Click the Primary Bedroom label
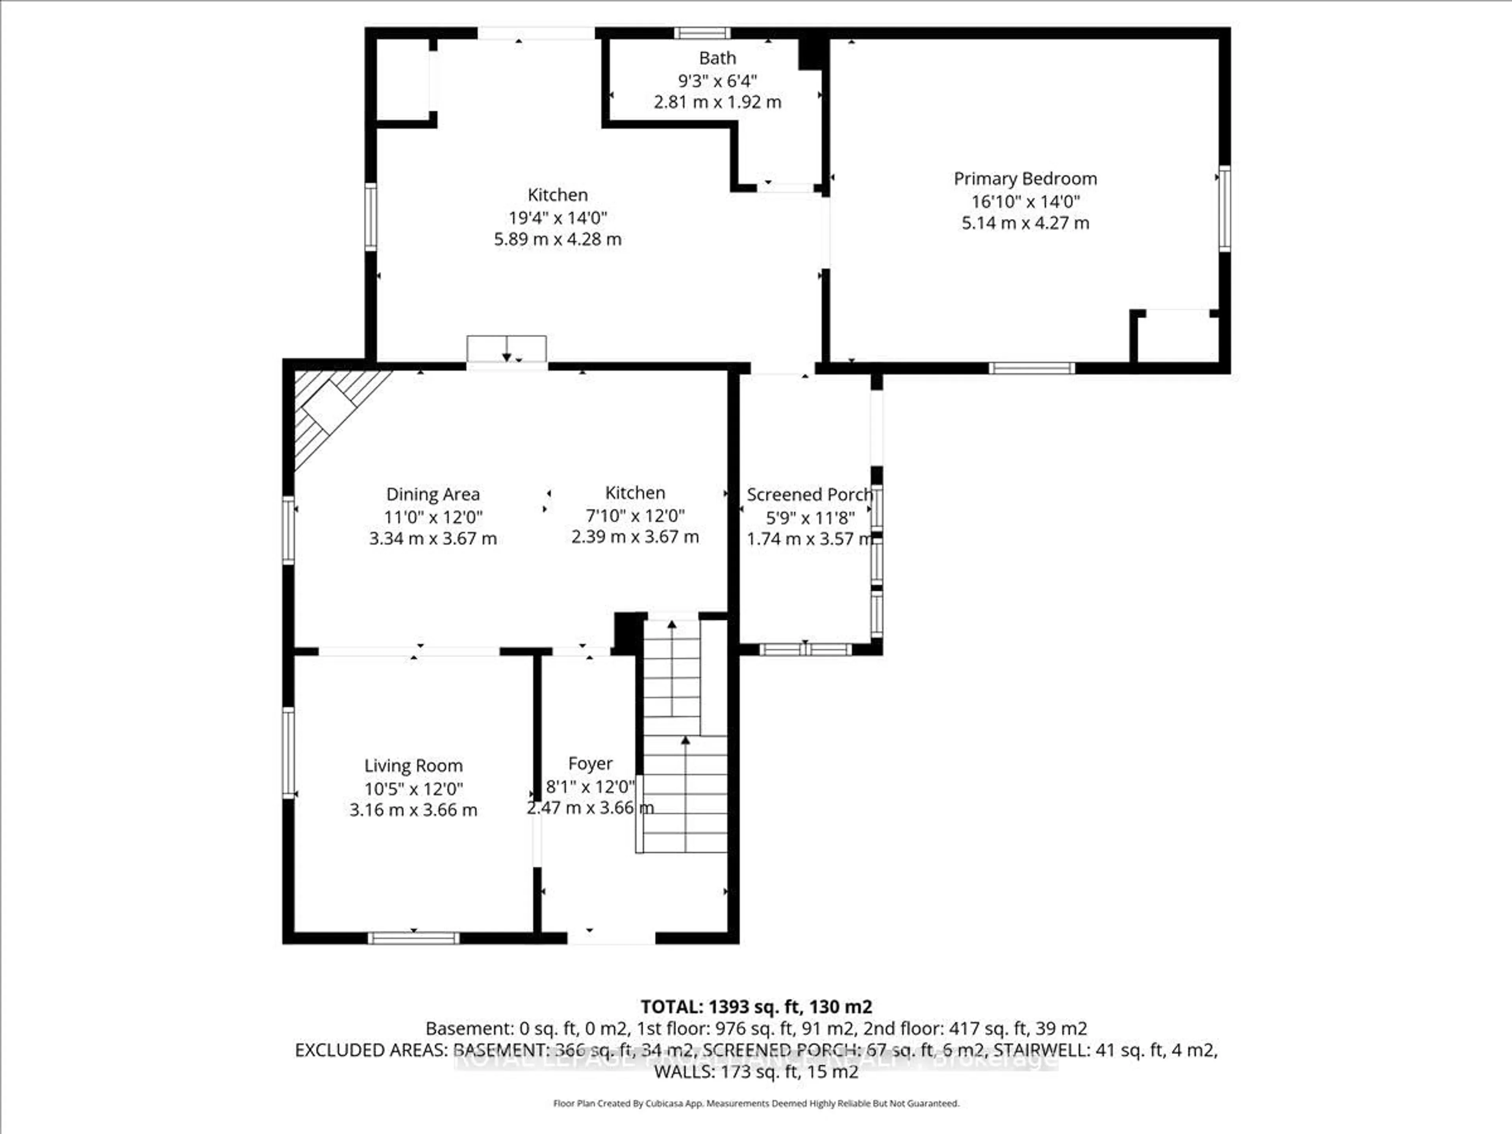pos(1025,179)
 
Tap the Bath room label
pos(717,59)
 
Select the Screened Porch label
pos(809,494)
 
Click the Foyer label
pos(590,763)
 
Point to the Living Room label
pos(413,765)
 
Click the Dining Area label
pos(433,494)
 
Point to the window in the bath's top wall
pos(702,33)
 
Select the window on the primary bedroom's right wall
pos(1224,208)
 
